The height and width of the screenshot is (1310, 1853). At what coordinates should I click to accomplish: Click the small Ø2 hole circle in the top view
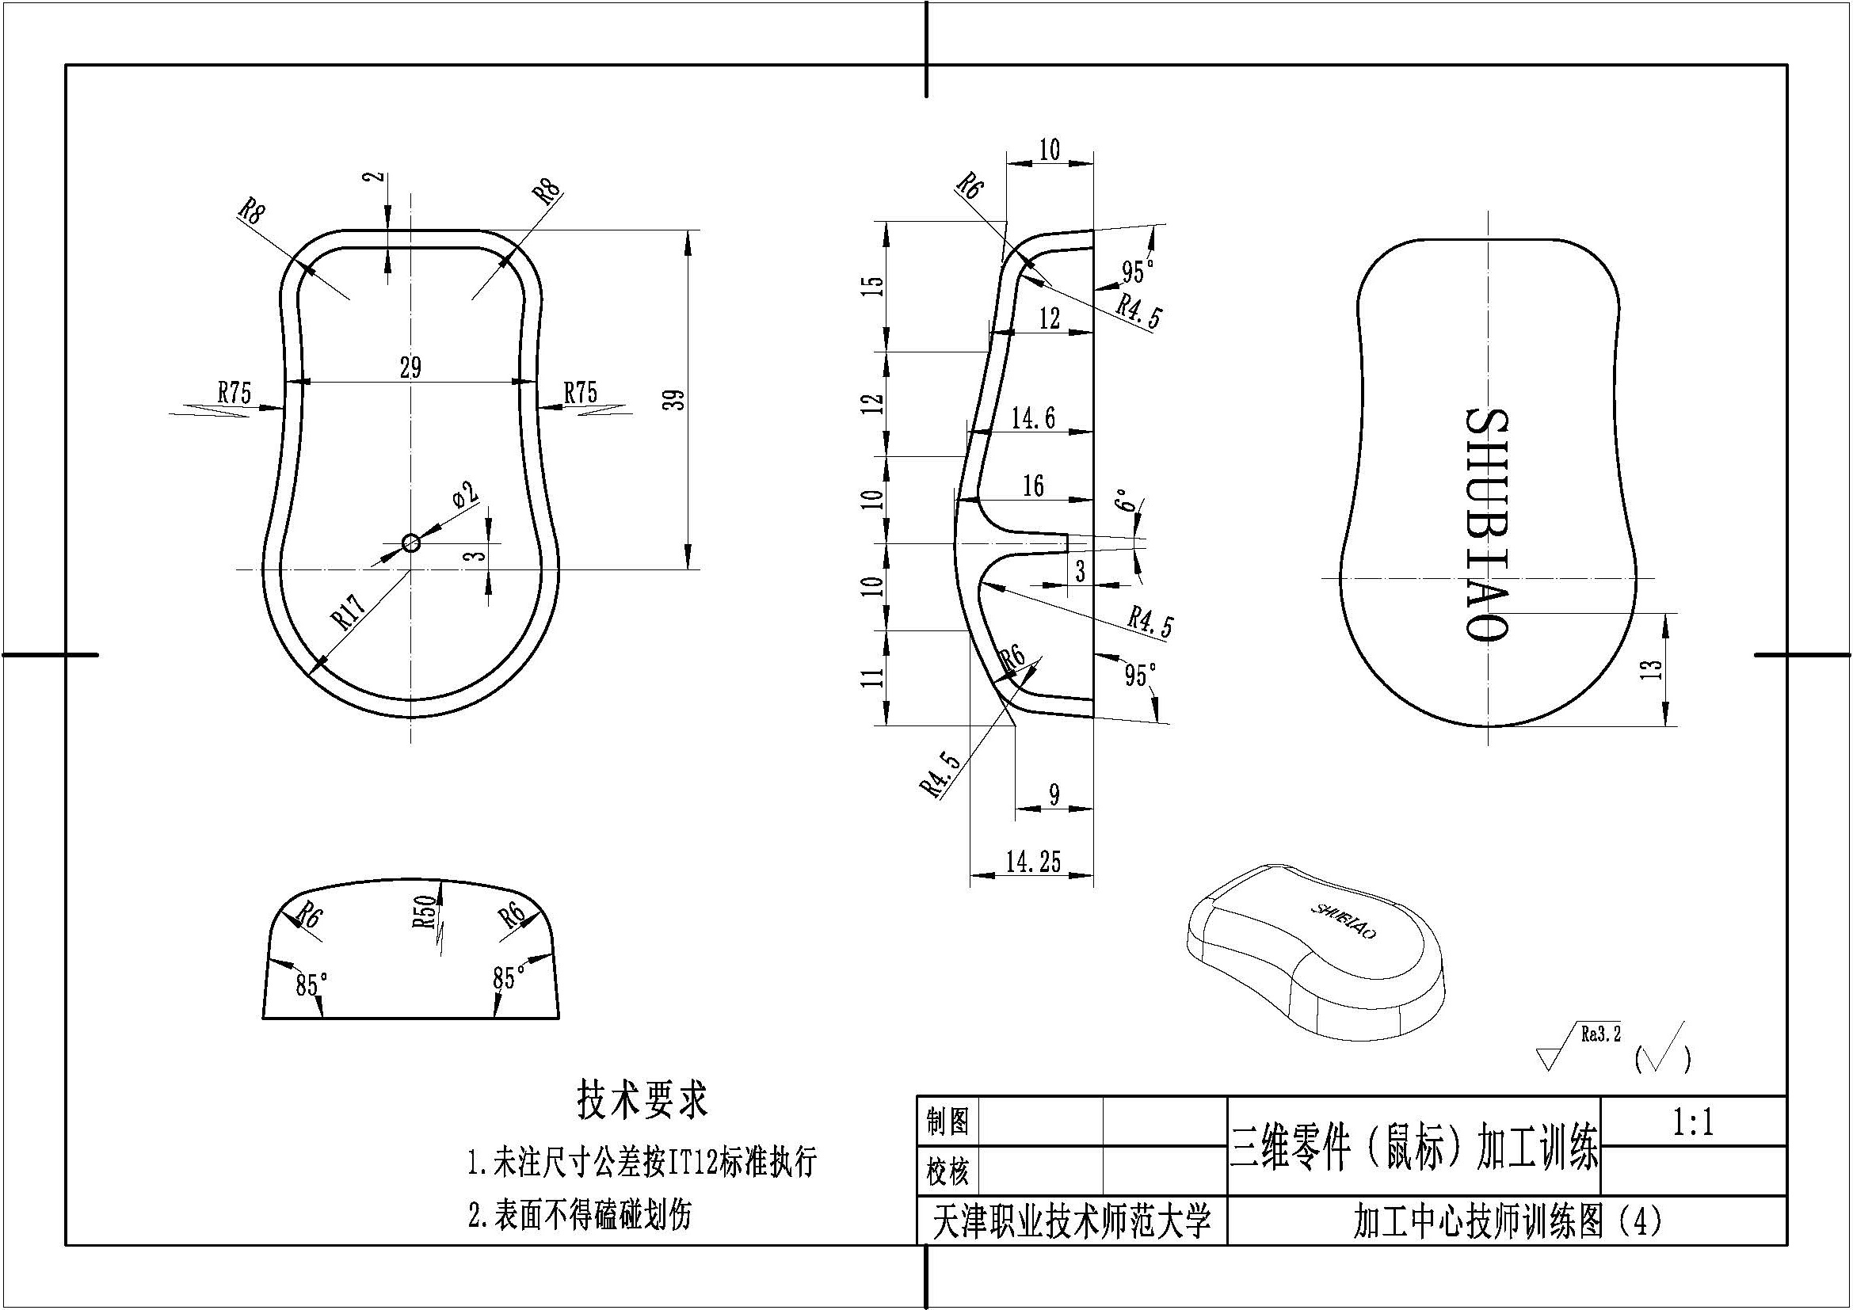pos(411,543)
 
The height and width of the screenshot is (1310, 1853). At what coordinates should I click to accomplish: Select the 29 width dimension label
pos(411,367)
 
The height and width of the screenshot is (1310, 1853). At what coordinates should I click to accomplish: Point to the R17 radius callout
pos(349,609)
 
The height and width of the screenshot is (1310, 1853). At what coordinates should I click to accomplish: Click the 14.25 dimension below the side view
pos(1033,863)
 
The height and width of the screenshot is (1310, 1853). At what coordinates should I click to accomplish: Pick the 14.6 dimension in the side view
pos(1033,418)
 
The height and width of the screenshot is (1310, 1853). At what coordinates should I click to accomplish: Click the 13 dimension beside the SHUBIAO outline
pos(1652,668)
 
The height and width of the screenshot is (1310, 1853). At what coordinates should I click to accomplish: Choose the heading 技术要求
pos(642,1099)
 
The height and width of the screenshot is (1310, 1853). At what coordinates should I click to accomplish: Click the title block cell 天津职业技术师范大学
pos(1073,1221)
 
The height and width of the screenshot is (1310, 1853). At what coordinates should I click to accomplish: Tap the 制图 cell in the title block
pos(947,1121)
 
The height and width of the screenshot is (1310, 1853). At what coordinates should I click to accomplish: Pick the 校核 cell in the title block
pos(947,1171)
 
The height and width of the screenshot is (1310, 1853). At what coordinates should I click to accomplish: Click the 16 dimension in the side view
pos(1033,486)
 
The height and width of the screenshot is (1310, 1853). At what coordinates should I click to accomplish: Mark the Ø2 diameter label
pos(465,494)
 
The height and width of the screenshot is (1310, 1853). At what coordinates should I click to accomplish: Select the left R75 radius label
pos(234,393)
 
